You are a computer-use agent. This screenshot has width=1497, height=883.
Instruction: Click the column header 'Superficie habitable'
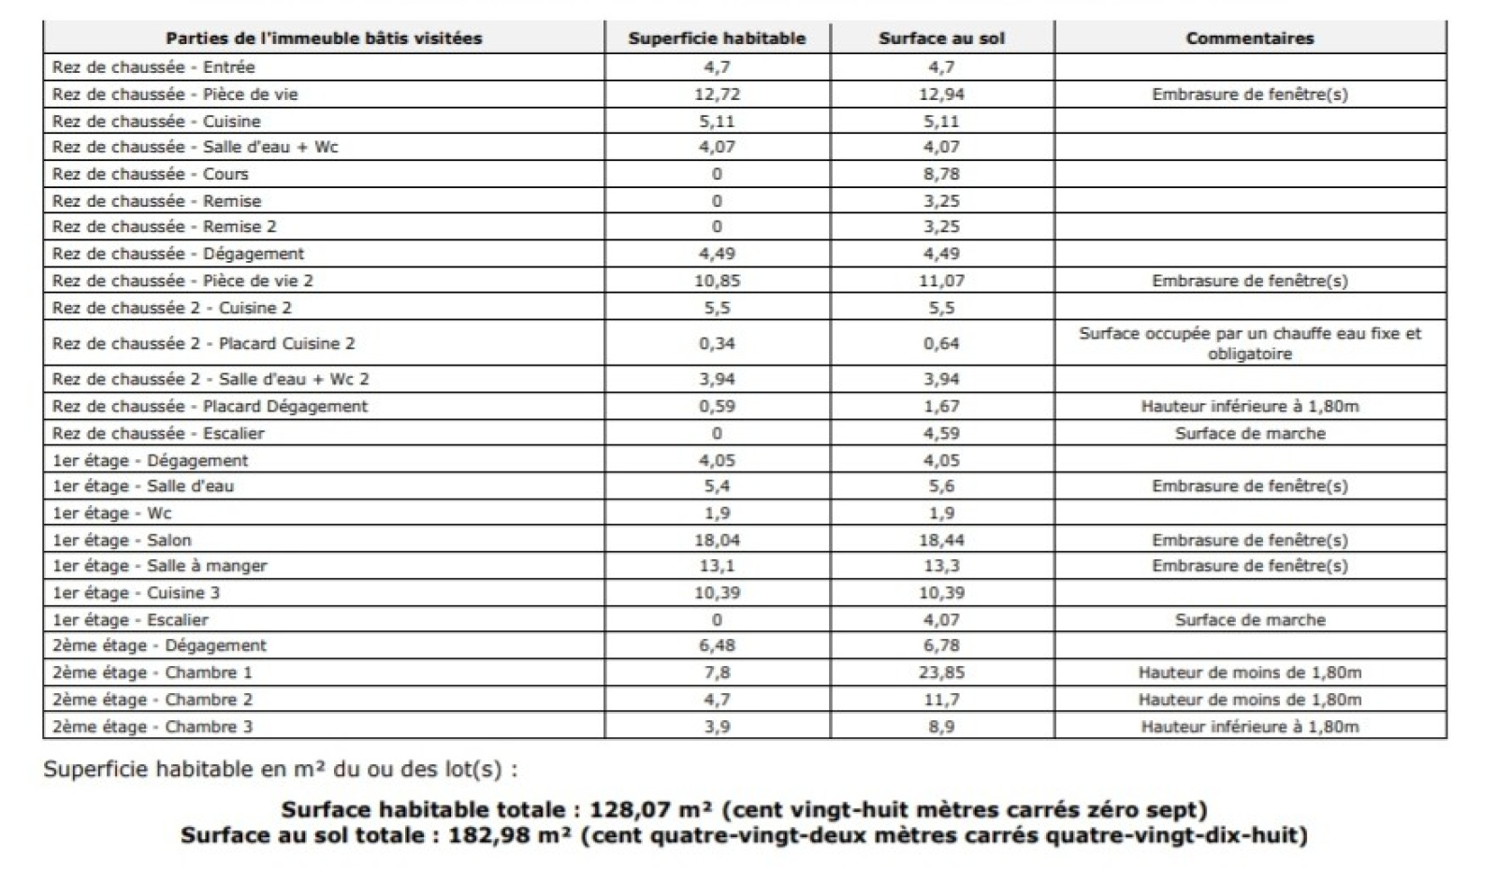[717, 38]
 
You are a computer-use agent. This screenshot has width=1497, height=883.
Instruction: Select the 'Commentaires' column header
[1249, 38]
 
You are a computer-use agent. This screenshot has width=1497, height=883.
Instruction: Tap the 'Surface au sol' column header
[941, 38]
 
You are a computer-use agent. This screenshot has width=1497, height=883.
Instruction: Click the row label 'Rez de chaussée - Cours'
[151, 174]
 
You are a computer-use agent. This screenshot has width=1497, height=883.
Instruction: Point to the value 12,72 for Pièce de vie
[717, 94]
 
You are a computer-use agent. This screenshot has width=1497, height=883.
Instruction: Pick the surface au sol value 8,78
[941, 174]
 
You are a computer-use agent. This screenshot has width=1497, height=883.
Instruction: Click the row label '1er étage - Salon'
[122, 540]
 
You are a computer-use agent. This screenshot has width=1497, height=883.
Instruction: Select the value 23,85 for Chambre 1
[941, 673]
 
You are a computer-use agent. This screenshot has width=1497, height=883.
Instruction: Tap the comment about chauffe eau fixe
[1249, 343]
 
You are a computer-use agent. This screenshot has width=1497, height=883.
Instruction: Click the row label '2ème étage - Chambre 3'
[153, 727]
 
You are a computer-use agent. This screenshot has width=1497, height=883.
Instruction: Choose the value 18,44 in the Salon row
[941, 540]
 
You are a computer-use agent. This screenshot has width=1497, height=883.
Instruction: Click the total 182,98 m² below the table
[510, 835]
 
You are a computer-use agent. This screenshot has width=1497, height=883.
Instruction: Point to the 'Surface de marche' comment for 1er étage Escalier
[1249, 620]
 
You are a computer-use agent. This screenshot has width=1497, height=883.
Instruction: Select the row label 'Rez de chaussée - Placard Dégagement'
[211, 406]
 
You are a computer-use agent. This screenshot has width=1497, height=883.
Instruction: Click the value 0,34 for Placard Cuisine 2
[717, 343]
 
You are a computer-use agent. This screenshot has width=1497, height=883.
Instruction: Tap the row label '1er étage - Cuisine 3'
[137, 593]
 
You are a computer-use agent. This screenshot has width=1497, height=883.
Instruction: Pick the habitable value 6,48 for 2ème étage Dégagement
[717, 645]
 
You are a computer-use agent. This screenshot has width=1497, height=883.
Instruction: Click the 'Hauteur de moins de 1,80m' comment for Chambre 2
[1249, 700]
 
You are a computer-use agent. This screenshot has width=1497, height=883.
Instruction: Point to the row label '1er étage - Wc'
[112, 513]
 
